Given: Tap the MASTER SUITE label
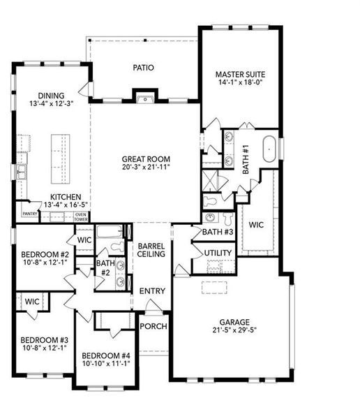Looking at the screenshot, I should (240, 73).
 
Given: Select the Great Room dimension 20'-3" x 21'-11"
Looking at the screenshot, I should (146, 168).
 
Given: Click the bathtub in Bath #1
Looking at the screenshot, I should (267, 149).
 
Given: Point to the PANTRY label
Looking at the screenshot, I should (29, 214).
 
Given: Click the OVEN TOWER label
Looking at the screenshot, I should (81, 216).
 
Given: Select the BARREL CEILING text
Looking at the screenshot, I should (151, 250).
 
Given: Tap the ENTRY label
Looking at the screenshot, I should (151, 291).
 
